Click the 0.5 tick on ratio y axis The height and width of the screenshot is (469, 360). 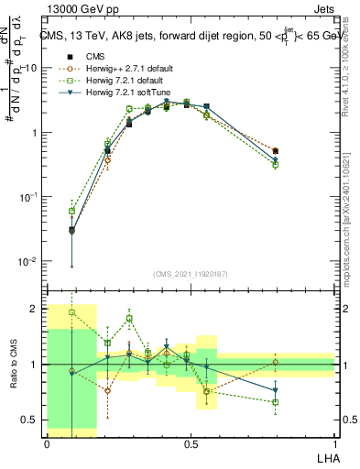coord(33,420)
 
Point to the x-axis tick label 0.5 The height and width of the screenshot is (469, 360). coord(191,444)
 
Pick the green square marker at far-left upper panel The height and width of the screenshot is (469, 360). coord(72,212)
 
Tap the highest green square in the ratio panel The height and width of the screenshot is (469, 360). coord(72,312)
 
